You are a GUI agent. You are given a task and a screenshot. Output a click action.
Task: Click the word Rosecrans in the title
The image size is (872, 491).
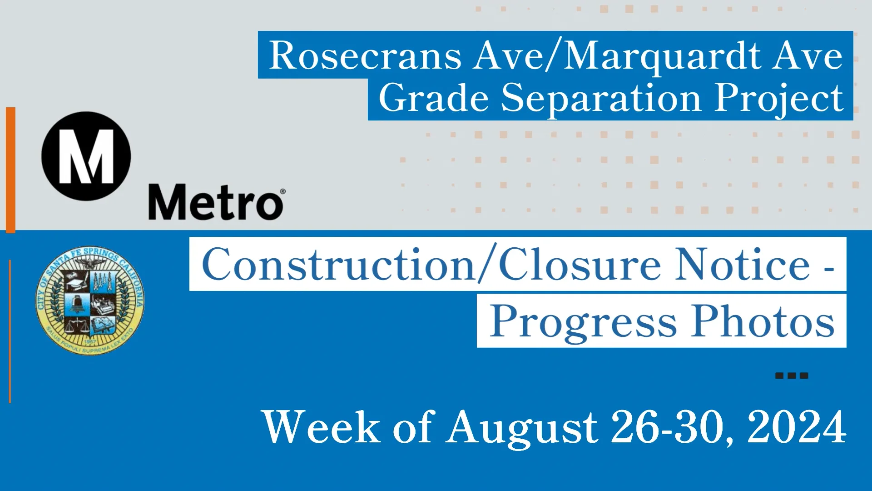pos(365,55)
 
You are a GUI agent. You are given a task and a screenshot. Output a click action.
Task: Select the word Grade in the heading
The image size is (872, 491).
pos(433,98)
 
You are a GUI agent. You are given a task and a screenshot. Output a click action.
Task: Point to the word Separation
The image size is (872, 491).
pos(601,99)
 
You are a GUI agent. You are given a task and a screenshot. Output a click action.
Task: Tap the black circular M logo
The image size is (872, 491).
pos(86,156)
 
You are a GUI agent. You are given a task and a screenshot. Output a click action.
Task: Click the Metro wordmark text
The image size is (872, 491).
pos(215,203)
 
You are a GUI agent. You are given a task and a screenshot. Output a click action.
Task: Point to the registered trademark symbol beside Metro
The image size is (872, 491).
pos(282,191)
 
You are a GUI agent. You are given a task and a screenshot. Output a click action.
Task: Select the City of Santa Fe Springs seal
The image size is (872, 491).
pos(90,301)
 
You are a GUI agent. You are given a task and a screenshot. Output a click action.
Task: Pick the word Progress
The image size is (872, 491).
pos(583,322)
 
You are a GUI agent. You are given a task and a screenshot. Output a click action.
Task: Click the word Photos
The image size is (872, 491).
pos(763,321)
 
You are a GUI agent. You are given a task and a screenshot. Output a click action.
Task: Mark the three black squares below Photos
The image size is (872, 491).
pos(791,376)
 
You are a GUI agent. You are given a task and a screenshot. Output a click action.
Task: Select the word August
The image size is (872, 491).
pos(522,427)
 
